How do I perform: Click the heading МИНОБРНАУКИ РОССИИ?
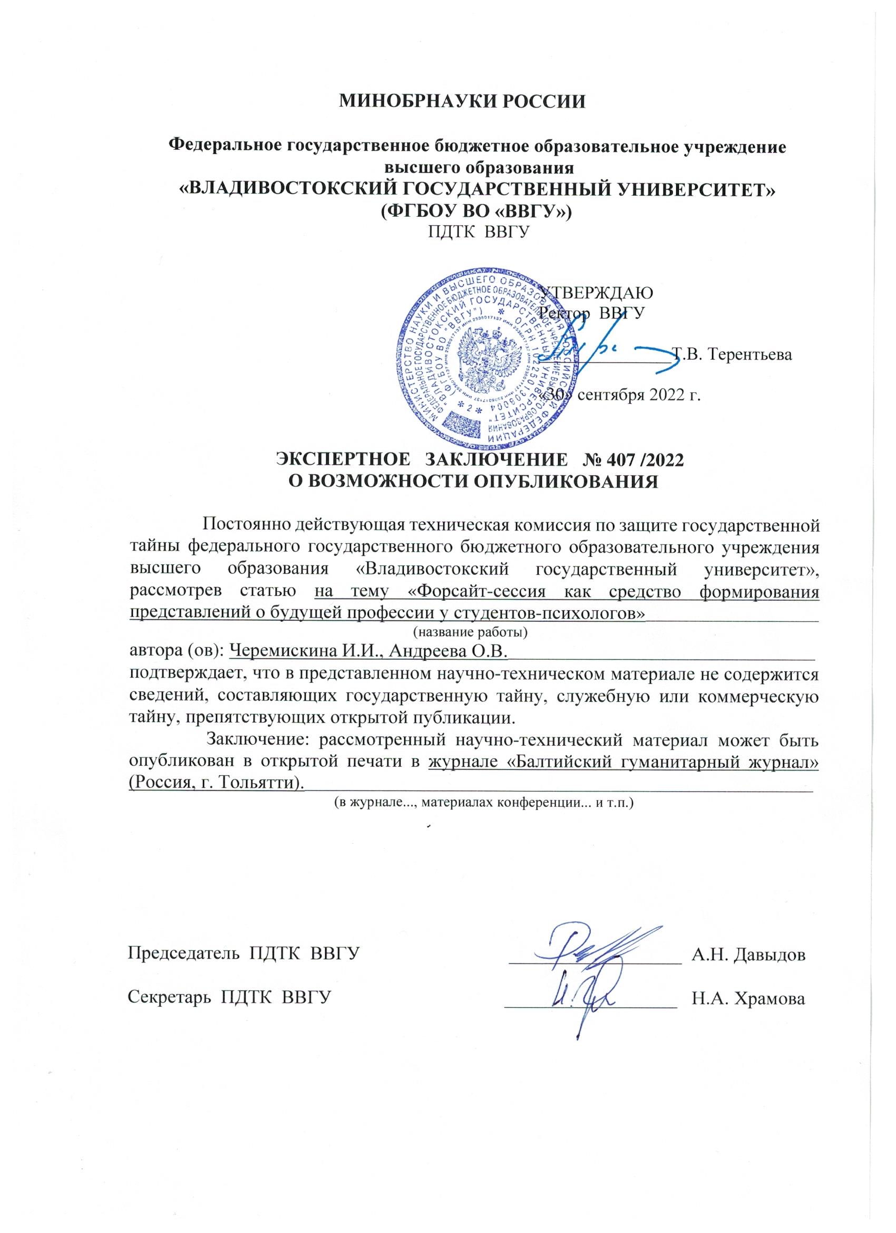point(462,102)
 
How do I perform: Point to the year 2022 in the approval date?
point(665,395)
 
